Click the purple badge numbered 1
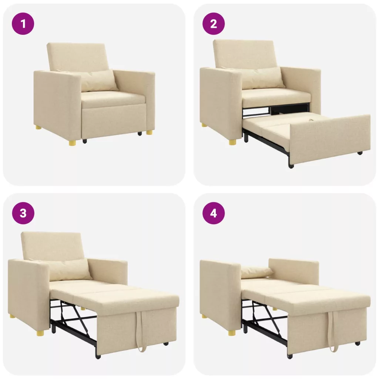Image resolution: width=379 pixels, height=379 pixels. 23,24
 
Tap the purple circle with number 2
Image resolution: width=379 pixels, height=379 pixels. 214,24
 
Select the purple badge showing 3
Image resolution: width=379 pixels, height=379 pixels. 23,213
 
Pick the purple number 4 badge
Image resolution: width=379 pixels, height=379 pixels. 214,213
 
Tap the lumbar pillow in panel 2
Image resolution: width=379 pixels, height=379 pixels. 264,78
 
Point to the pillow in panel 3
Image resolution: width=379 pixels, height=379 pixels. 70,269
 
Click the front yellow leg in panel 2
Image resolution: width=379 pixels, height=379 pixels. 233,142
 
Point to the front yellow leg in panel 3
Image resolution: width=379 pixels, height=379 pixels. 41,333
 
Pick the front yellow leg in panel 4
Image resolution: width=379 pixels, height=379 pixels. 232,333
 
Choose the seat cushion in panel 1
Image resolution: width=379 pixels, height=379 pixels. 114,99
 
